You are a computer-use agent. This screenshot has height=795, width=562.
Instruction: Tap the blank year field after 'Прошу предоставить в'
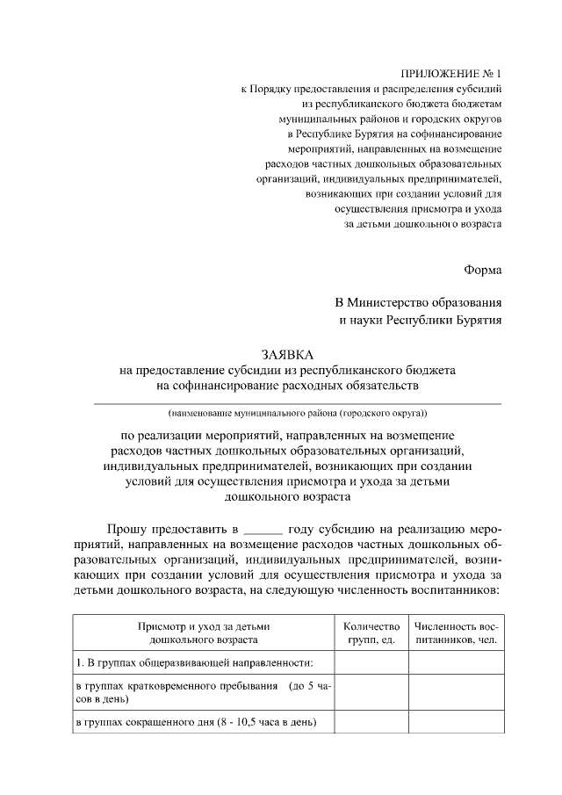pyautogui.click(x=263, y=531)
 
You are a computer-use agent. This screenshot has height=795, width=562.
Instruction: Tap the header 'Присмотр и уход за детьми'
pyautogui.click(x=203, y=626)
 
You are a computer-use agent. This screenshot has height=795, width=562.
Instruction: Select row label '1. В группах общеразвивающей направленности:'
pyautogui.click(x=194, y=663)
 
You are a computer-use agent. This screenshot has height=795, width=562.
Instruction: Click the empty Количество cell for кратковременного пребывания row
pyautogui.click(x=371, y=692)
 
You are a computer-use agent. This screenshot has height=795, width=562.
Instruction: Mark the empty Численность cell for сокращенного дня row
pyautogui.click(x=457, y=723)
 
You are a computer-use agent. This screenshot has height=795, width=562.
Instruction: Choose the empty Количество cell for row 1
pyautogui.click(x=371, y=663)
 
